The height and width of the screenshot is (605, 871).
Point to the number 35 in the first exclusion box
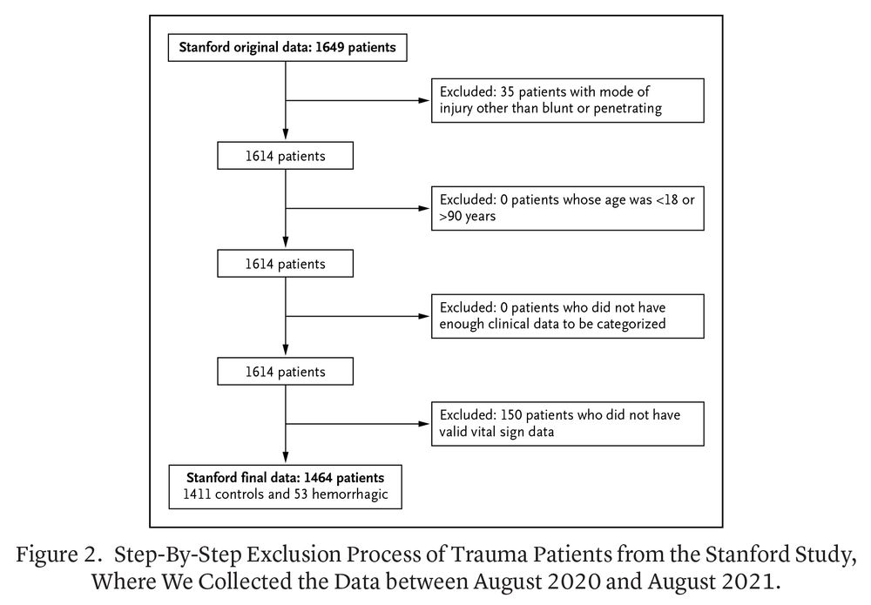[503, 92]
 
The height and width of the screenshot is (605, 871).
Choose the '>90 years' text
[467, 217]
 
